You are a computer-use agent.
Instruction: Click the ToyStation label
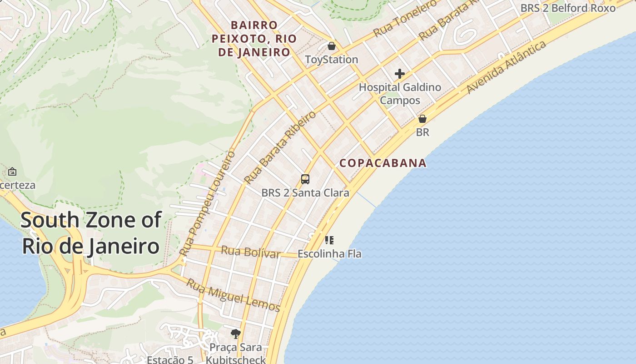tap(331, 60)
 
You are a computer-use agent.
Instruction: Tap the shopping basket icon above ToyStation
tap(332, 46)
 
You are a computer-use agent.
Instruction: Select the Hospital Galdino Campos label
tap(400, 93)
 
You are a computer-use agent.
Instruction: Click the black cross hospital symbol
tap(400, 74)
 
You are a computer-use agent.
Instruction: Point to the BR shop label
tap(422, 132)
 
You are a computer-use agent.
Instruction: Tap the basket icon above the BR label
tap(422, 119)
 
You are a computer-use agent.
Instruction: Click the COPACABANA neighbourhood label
tap(383, 163)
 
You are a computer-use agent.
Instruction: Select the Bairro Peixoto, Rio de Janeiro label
tap(254, 39)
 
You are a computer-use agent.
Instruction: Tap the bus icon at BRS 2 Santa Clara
tap(305, 179)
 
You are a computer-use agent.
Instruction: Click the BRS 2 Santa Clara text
tap(305, 192)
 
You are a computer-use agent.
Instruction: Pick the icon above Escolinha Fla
tap(329, 240)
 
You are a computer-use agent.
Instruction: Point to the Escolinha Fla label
tap(329, 253)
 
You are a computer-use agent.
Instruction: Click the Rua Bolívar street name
tap(250, 252)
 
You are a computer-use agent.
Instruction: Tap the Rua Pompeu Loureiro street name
tap(207, 202)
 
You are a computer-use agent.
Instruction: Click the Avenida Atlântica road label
tap(506, 67)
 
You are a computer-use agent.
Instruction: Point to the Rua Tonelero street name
tap(405, 19)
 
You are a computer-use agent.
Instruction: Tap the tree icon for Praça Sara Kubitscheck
tap(235, 334)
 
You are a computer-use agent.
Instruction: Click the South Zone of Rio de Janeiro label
tap(91, 233)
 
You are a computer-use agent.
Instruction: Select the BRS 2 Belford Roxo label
tap(568, 8)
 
